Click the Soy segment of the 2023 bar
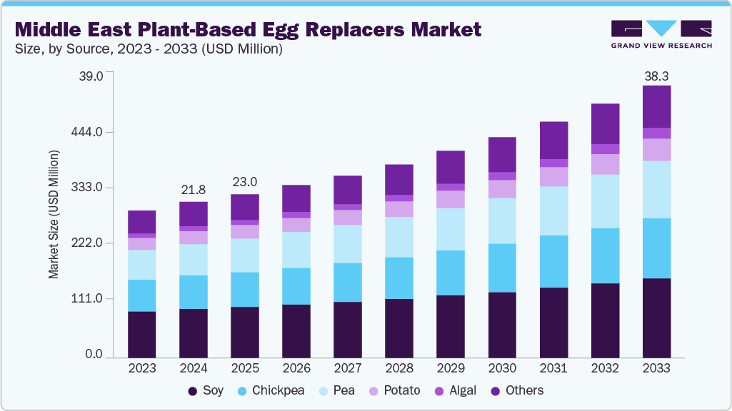point(142,334)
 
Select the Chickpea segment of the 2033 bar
point(656,248)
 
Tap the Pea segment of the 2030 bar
point(502,220)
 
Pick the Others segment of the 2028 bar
point(399,179)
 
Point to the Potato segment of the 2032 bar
point(605,164)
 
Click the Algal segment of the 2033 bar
point(656,133)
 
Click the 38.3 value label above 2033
point(656,76)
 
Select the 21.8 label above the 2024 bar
point(194,190)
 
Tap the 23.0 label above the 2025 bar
point(245,182)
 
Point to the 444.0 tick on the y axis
point(89,133)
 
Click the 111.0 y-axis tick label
point(89,299)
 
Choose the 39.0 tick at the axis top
point(91,76)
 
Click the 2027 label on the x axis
point(348,369)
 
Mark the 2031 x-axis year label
point(553,369)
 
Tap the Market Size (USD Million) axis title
point(54,214)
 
